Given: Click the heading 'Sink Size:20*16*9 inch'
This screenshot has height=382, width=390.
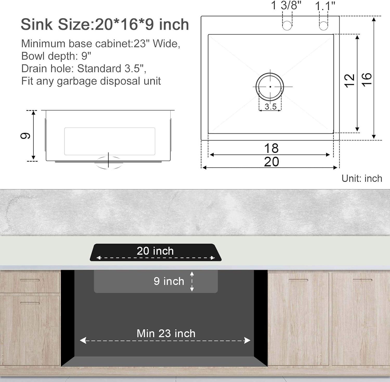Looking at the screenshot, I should pos(105,24).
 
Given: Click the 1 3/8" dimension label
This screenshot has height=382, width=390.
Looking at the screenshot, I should pos(286,5).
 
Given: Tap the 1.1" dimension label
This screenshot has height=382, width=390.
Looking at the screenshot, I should pos(325,6).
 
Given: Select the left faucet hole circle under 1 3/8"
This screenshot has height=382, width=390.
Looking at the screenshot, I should pos(287,26).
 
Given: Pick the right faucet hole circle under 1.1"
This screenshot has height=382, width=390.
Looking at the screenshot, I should pos(323,26).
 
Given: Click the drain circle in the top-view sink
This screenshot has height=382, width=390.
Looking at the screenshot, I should pos(270,87).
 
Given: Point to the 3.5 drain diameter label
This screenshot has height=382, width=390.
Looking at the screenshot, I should pos(270,107).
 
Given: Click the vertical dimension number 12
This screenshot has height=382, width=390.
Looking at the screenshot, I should pos(349,81).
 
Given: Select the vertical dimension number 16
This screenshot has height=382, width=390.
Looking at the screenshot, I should pos(367,80).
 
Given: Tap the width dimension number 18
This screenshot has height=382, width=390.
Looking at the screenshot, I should pos(271,148).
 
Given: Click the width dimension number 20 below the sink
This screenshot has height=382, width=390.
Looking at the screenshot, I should pos(271,162).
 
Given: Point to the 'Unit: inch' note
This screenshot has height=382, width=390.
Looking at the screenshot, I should pos(362,178).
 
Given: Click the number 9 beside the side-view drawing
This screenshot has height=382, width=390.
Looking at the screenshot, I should pos(25,135).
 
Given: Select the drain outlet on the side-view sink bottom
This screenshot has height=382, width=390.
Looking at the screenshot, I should pos(108,162).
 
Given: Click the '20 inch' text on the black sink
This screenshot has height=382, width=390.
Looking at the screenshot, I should pos(155,251).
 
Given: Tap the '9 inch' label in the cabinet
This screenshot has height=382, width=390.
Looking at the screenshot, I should pos(169,281).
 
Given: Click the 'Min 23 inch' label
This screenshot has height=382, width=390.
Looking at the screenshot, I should pos(166,334).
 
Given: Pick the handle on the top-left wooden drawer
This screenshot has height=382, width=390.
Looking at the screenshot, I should pos(30,280).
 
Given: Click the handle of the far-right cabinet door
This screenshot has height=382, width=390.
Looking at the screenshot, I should pos(362,280).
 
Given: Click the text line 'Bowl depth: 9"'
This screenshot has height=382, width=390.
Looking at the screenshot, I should pos(56,56).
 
